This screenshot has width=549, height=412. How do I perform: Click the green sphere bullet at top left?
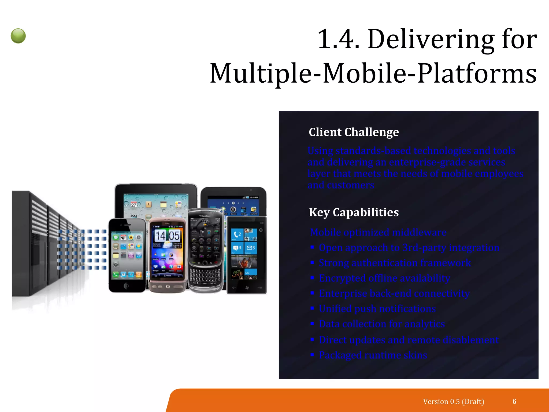point(18,36)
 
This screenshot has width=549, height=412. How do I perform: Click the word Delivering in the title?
point(431,39)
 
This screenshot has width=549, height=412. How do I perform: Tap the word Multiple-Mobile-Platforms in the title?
point(373,73)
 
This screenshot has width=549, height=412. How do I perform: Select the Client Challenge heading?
point(354,132)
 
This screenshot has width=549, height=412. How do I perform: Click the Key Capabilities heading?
point(354,212)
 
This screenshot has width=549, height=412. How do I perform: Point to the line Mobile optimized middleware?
point(378,232)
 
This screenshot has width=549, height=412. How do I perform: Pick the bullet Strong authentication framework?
point(395,263)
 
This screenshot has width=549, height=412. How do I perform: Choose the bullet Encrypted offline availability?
point(384,278)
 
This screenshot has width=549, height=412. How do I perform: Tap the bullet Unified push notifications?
point(377,309)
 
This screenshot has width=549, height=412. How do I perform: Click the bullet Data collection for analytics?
point(382,324)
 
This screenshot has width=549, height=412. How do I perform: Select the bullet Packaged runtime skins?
point(373,355)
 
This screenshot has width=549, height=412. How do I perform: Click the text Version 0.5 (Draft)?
point(453,402)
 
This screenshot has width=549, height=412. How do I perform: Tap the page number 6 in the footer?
point(514,402)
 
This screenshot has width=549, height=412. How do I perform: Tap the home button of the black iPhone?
point(127,286)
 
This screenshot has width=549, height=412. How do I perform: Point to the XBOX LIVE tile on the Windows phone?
point(238,274)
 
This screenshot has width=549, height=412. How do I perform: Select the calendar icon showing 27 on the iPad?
point(133,205)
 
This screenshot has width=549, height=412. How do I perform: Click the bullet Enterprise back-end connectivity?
point(394,293)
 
